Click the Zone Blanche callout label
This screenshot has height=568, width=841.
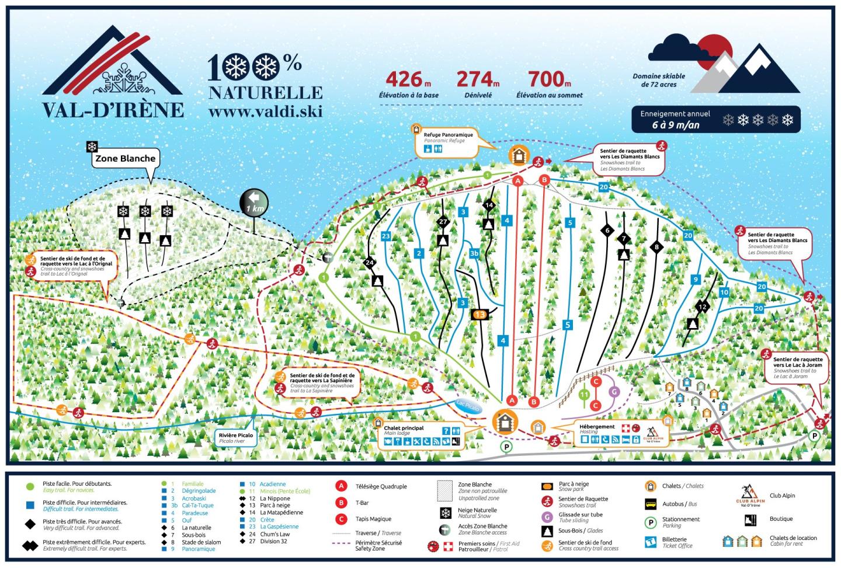126,158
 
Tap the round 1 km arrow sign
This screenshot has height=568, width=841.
254,204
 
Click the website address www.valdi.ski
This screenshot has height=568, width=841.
265,111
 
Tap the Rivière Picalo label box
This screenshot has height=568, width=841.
236,438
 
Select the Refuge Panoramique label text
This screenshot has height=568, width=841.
448,135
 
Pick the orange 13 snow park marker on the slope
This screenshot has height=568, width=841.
479,315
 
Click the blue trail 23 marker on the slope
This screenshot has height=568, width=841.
385,236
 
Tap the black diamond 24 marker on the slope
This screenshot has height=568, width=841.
369,263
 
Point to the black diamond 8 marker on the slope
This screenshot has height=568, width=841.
656,247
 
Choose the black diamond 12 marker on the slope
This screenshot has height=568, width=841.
703,306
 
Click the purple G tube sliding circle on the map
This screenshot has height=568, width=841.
614,392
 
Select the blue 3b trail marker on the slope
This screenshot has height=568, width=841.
475,253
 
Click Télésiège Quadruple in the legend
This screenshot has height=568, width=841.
381,486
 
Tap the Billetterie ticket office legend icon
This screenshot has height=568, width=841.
651,542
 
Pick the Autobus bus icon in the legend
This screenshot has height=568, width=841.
651,504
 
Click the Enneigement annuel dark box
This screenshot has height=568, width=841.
715,120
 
